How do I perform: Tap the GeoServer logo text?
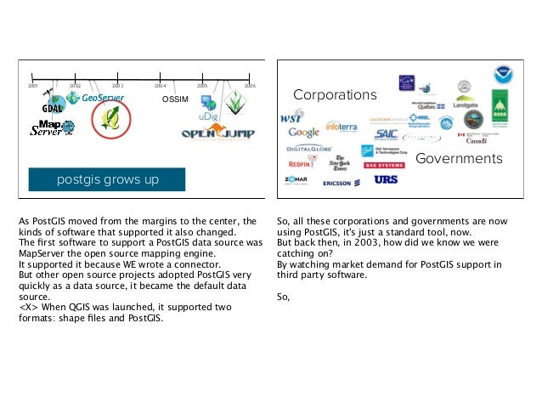104,99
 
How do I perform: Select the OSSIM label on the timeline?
174,99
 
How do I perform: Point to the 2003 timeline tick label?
117,87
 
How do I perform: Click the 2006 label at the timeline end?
250,87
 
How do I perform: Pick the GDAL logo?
53,108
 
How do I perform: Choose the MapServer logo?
47,128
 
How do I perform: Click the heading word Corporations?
335,94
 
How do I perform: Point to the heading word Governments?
459,159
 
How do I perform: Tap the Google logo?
303,133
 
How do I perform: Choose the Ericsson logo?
342,183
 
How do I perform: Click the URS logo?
386,180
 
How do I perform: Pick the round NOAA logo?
505,76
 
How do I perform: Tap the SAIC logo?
385,133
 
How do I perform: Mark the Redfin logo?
301,163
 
